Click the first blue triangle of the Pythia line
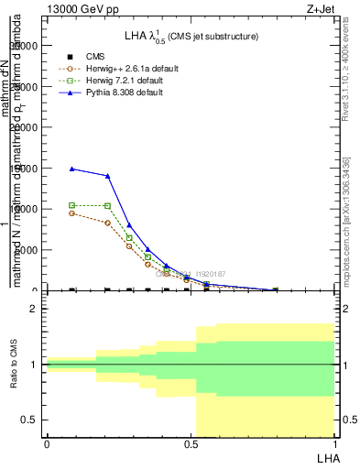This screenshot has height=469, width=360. coord(72,169)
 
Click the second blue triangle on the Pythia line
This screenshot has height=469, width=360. coord(108,176)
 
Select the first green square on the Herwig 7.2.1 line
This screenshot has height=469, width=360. coord(72,205)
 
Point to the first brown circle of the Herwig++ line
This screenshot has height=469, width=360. coord(72,213)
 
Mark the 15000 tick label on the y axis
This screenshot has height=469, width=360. coord(26,168)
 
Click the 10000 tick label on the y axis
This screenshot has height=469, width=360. coord(26,209)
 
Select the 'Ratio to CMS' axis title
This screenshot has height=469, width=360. coord(14,364)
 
